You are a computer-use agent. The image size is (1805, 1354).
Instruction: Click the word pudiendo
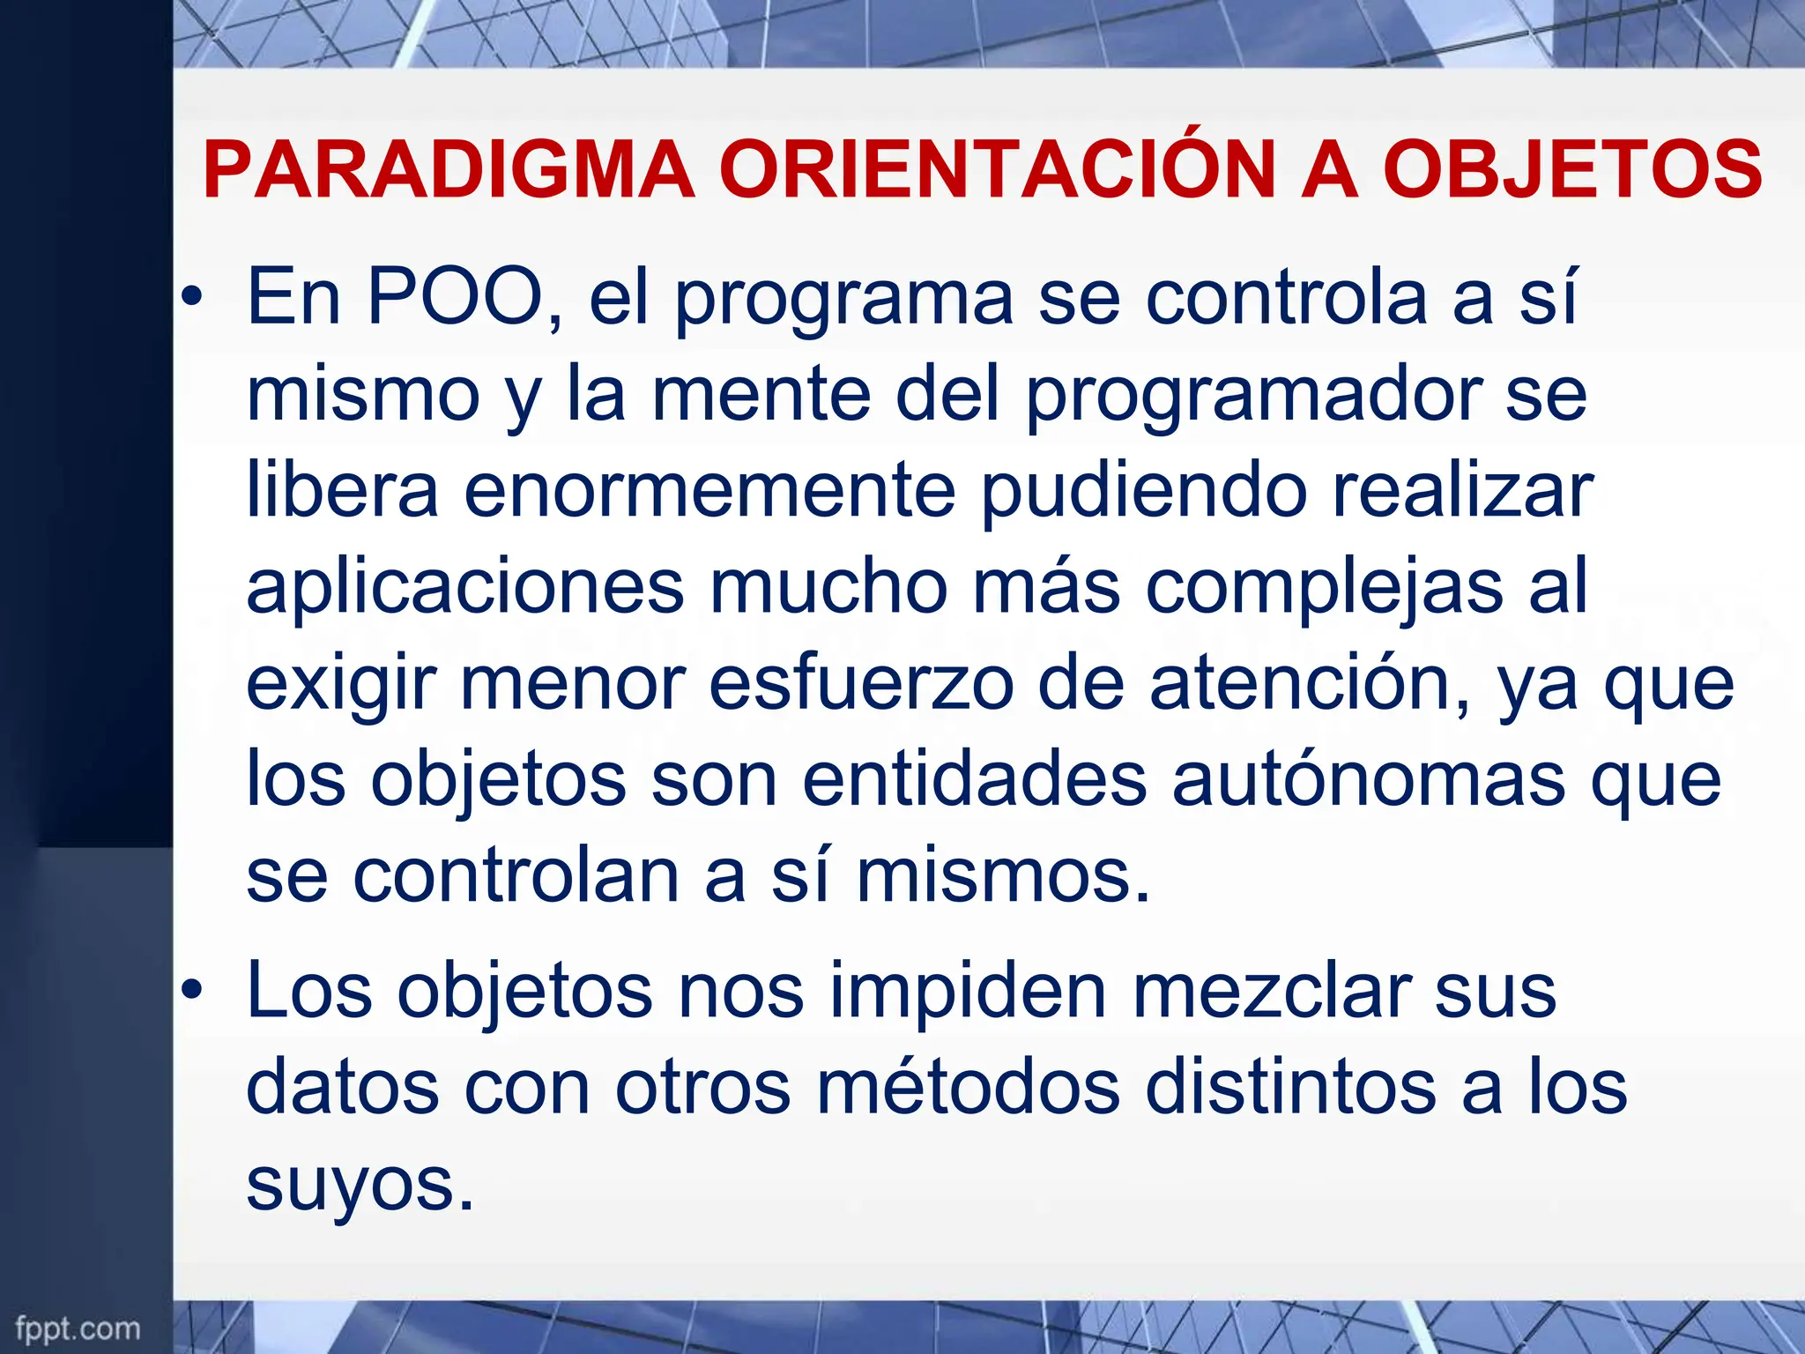(x=1144, y=492)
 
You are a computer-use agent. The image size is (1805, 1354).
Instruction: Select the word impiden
(x=968, y=993)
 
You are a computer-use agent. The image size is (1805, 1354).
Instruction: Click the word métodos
(x=969, y=1088)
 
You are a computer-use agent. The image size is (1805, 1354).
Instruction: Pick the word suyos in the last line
(x=359, y=1187)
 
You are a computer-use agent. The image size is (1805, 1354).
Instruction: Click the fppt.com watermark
(x=78, y=1327)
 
